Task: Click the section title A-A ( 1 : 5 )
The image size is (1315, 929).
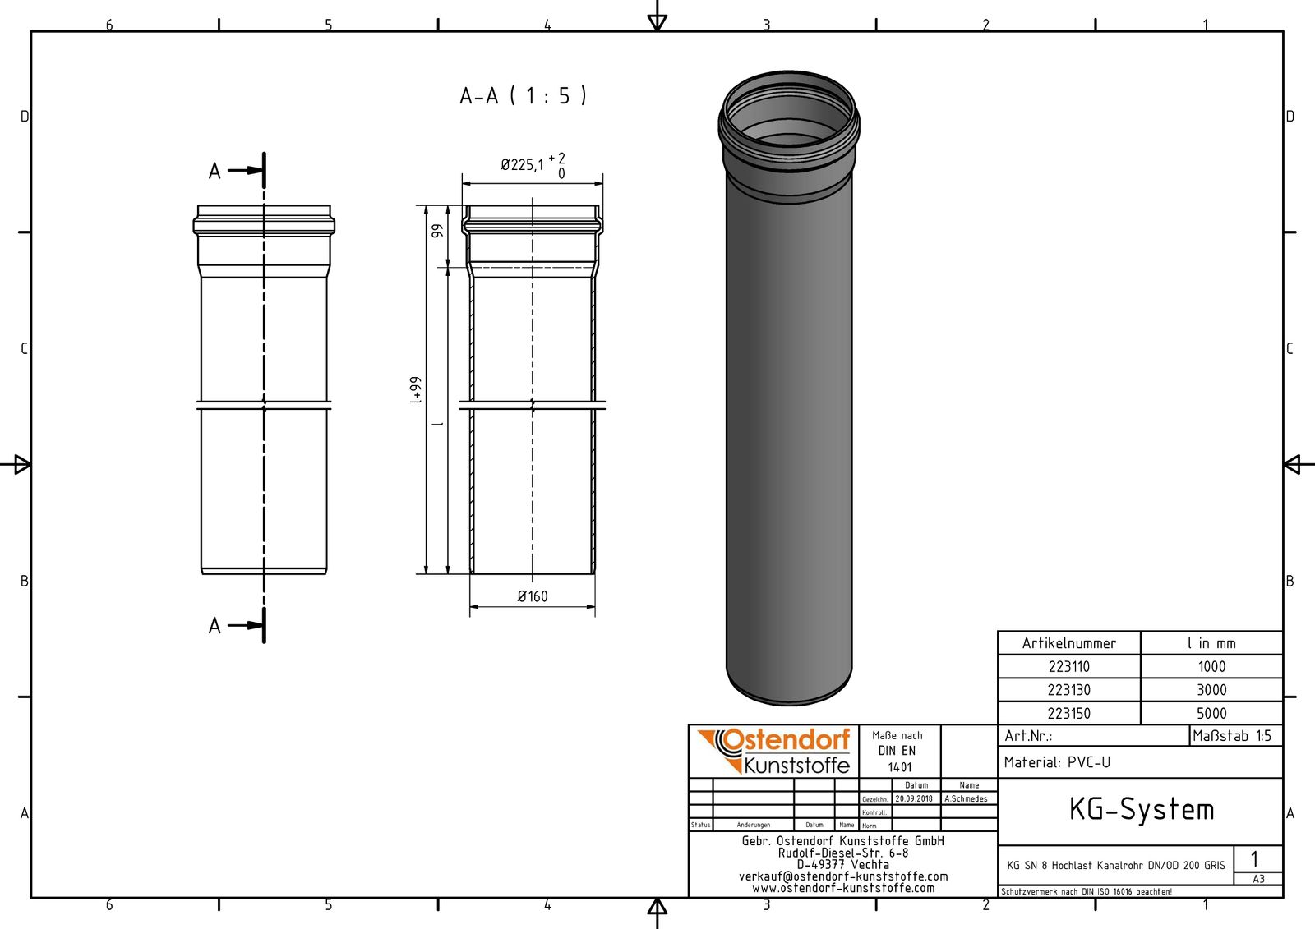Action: [x=523, y=96]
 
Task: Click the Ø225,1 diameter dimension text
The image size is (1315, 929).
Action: [x=523, y=165]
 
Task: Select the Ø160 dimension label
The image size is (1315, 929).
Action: [x=533, y=596]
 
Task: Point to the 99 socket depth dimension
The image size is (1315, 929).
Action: [x=438, y=232]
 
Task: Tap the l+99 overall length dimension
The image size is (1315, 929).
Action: [x=417, y=390]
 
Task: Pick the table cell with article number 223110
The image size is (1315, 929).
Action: [x=1068, y=667]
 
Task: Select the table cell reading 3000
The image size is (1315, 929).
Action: [x=1211, y=690]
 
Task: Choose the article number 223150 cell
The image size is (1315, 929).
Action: [x=1068, y=714]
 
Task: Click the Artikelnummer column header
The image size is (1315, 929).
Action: [x=1068, y=643]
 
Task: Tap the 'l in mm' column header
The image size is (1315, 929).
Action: [x=1211, y=643]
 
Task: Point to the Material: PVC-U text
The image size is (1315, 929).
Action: [x=1057, y=762]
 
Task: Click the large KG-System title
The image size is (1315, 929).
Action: [x=1141, y=810]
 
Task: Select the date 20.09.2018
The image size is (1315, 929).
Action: [x=914, y=798]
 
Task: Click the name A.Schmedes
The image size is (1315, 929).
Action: [x=967, y=798]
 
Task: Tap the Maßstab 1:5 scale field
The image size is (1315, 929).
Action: [x=1232, y=736]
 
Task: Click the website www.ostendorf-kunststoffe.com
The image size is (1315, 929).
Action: [x=843, y=888]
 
